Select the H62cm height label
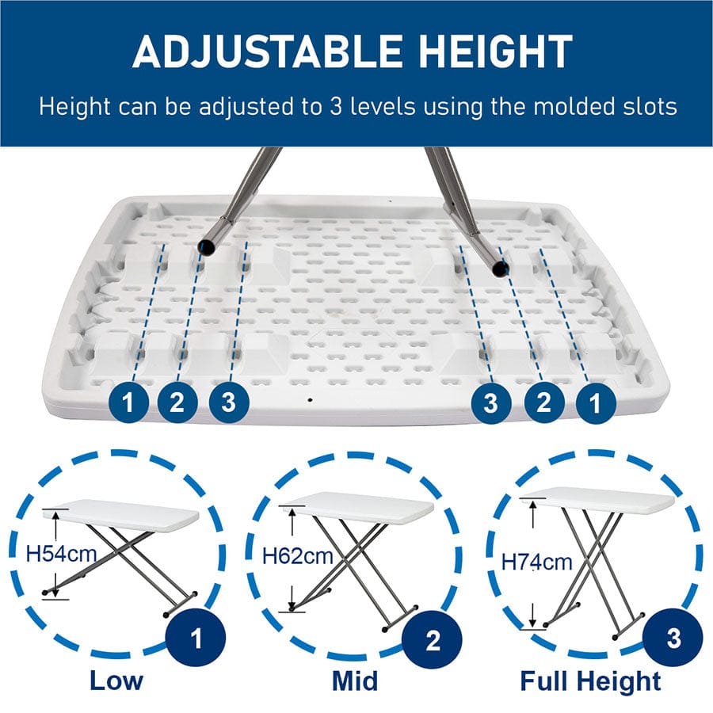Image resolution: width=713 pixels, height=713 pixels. click(x=297, y=555)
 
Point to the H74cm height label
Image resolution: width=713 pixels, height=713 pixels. click(x=536, y=562)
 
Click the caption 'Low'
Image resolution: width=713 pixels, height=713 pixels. click(x=116, y=681)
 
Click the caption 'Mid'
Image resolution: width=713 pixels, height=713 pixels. click(x=354, y=681)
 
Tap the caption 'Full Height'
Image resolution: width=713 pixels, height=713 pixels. click(x=590, y=681)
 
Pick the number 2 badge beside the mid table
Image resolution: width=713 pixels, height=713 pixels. click(x=433, y=639)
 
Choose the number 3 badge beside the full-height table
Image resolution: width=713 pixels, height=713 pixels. click(x=673, y=639)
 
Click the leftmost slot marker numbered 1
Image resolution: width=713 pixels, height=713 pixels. click(x=128, y=404)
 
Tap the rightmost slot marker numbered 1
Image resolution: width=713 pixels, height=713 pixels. click(x=595, y=404)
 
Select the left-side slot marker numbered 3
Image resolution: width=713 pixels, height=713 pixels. click(x=229, y=402)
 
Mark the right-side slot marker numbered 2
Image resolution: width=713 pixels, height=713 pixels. click(x=543, y=403)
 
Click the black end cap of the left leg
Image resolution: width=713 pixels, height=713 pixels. click(x=206, y=248)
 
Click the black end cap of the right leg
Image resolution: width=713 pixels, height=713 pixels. click(x=499, y=269)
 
